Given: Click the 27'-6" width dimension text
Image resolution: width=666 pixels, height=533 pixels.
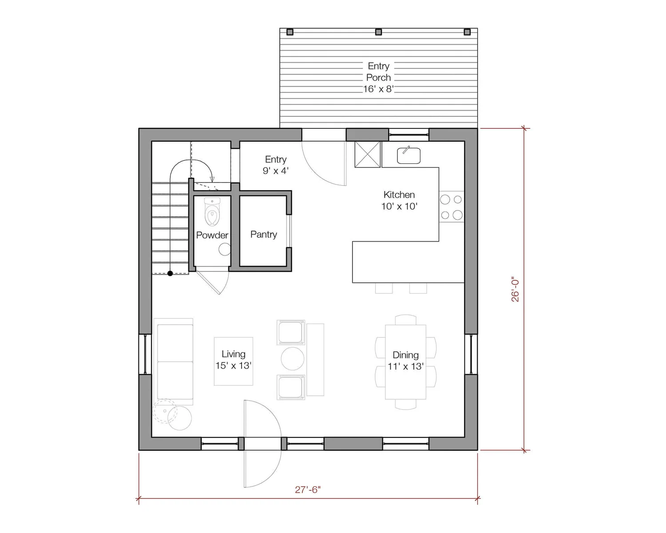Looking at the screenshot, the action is (x=308, y=489).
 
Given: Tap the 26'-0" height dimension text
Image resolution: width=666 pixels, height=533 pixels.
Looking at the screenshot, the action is (x=515, y=289).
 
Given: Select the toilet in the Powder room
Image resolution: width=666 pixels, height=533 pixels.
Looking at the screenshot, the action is (x=212, y=212).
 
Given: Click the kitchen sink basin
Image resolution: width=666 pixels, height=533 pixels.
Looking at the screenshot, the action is (x=408, y=155).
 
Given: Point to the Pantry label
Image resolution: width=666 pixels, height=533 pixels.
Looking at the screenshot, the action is (x=264, y=235).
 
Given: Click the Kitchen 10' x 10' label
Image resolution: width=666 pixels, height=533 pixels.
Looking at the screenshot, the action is (x=399, y=200).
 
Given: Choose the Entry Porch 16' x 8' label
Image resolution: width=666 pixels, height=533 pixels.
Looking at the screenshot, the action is (x=378, y=77).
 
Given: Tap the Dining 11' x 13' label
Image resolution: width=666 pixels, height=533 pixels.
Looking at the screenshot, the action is (x=405, y=361).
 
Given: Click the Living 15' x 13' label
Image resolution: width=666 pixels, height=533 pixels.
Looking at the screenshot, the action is (x=234, y=360).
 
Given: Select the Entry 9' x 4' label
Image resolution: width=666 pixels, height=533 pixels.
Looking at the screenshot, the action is (x=276, y=165).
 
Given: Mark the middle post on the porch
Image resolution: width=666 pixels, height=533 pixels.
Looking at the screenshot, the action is (x=378, y=32).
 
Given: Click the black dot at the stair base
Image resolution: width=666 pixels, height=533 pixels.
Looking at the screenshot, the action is (x=170, y=273).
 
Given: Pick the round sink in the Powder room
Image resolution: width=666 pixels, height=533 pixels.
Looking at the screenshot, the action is (x=225, y=249).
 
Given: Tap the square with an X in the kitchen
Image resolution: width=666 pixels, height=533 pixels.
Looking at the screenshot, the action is (x=367, y=154).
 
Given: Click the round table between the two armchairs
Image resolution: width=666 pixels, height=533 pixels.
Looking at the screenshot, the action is (x=293, y=358).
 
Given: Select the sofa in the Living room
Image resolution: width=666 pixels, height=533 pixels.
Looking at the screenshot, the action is (x=174, y=362).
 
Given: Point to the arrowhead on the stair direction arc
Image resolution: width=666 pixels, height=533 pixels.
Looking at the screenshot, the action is (x=212, y=179).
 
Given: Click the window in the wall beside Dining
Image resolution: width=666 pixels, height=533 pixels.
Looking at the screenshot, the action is (x=471, y=354).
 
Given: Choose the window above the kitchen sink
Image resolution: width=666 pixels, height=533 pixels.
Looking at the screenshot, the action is (x=408, y=135).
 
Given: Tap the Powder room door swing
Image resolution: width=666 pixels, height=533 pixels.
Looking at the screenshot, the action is (x=214, y=282).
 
